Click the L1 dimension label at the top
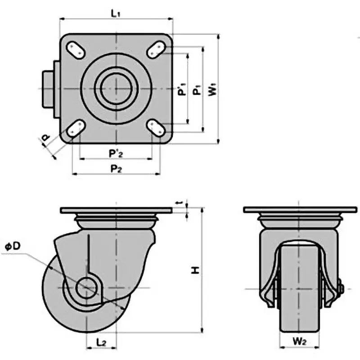tap(116, 14)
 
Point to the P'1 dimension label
tap(181, 88)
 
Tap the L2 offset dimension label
tap(101, 342)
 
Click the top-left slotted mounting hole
tap(75, 49)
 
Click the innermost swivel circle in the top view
tap(116, 89)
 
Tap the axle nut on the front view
tap(340, 288)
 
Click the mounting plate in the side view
tap(116, 211)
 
